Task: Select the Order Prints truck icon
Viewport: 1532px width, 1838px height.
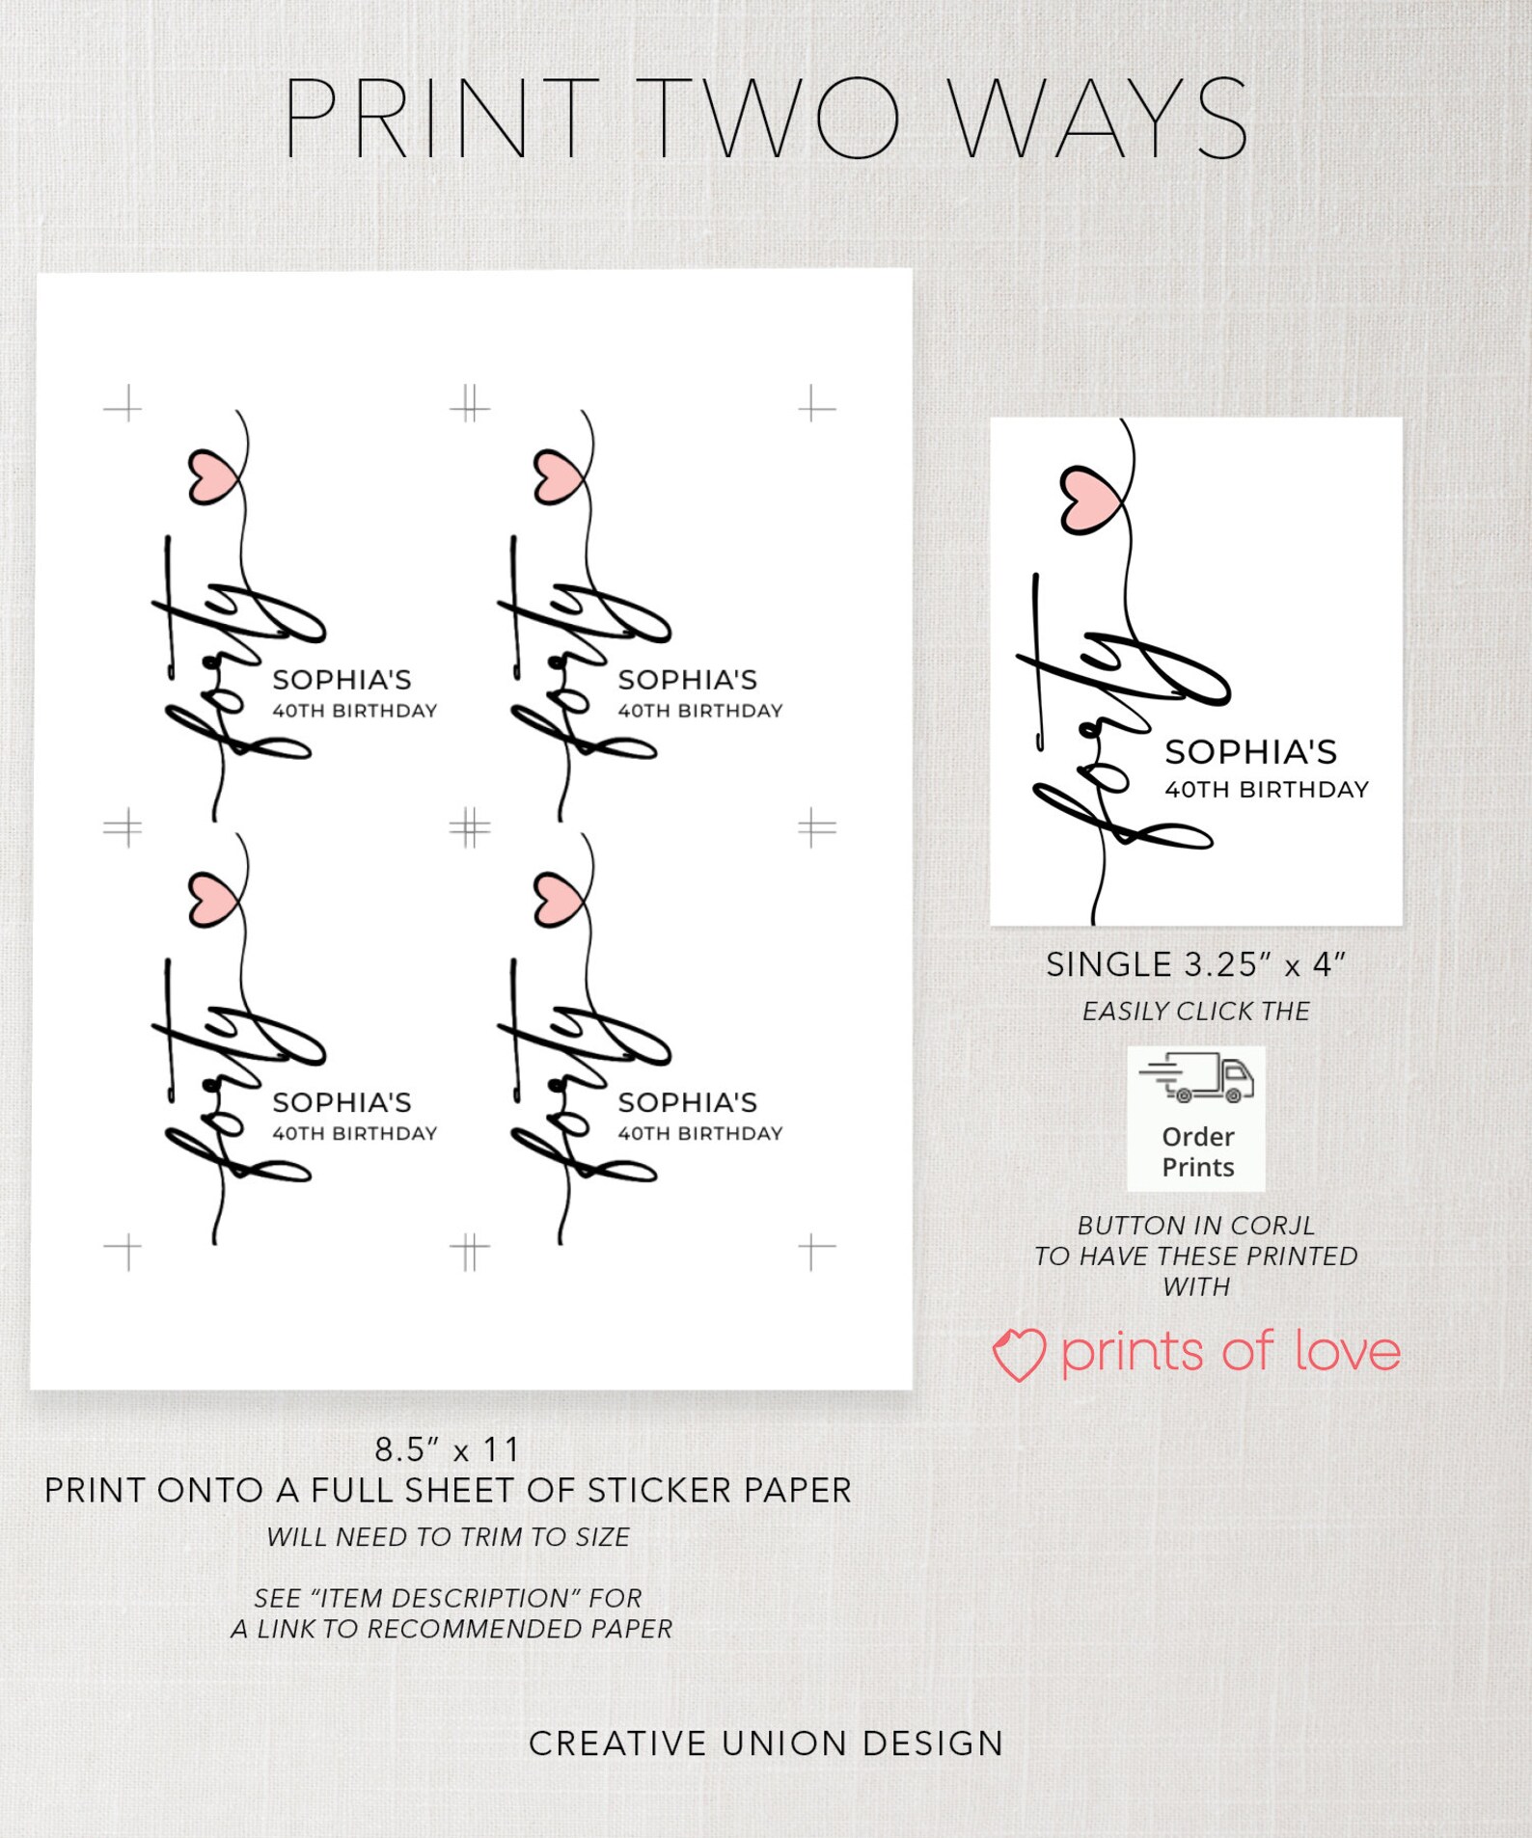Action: pyautogui.click(x=1196, y=1078)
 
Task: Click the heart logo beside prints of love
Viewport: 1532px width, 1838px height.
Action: pyautogui.click(x=1018, y=1353)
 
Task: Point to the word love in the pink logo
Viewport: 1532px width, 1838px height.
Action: pyautogui.click(x=1347, y=1352)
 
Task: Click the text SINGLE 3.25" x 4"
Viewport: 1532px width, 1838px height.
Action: pyautogui.click(x=1195, y=964)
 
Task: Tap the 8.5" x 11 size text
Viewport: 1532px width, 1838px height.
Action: pyautogui.click(x=448, y=1449)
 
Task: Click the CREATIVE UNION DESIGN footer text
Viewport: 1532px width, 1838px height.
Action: pyautogui.click(x=766, y=1743)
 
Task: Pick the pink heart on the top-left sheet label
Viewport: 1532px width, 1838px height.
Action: pyautogui.click(x=213, y=476)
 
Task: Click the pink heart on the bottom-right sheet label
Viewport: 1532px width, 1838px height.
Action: pyautogui.click(x=558, y=900)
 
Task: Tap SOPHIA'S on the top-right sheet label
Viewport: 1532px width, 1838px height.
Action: pyautogui.click(x=688, y=680)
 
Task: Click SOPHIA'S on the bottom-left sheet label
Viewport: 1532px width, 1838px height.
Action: pyautogui.click(x=342, y=1102)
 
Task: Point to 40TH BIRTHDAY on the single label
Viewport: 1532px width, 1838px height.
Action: pyautogui.click(x=1267, y=790)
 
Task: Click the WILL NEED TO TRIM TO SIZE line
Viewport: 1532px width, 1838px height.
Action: pyautogui.click(x=448, y=1537)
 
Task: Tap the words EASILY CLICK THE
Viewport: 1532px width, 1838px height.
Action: pyautogui.click(x=1195, y=1012)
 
